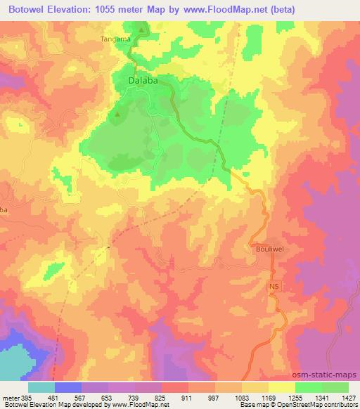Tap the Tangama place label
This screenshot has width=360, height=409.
pos(116,39)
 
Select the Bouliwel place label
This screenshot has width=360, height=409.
pos(268,248)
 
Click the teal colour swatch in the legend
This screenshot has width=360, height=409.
pos(41,387)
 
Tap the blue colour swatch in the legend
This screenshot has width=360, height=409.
pos(68,387)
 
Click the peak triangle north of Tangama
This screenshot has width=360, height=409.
pos(141,30)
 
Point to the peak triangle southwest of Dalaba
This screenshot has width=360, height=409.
pos(118,115)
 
